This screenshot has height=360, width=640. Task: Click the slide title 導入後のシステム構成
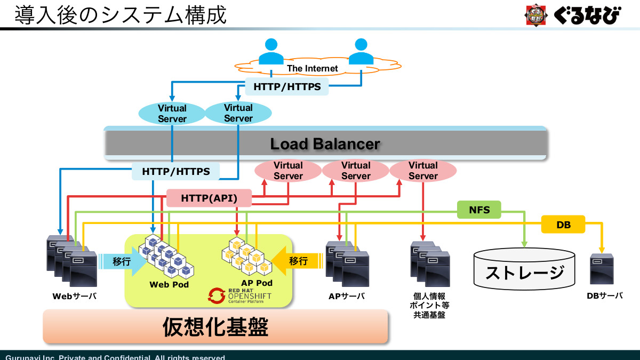(121, 15)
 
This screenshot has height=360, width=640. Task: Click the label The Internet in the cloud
(313, 68)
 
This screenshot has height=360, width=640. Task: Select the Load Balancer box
(325, 143)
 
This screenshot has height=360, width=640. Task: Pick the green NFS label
(479, 210)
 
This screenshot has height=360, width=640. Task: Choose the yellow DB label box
(563, 225)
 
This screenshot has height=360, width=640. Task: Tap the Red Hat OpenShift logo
(241, 295)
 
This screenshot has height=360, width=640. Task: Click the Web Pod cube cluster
(166, 257)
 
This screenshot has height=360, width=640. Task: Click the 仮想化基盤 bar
(215, 326)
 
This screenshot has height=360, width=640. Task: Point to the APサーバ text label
(346, 296)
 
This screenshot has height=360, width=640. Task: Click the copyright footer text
(115, 357)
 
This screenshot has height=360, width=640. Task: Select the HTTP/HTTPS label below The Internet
(287, 86)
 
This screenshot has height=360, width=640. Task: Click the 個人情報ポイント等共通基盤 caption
(429, 305)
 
